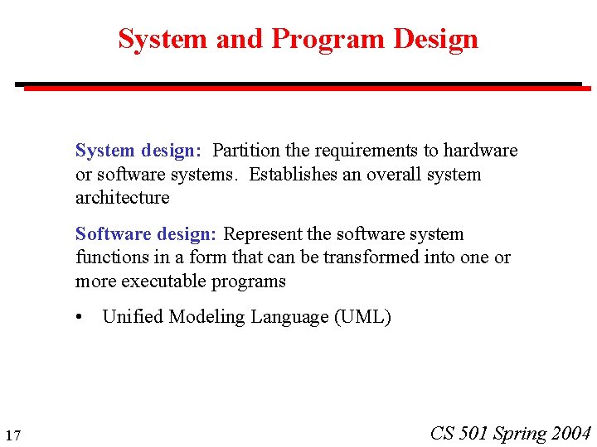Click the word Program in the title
[x=328, y=39]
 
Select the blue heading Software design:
[x=145, y=234]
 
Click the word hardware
[x=480, y=151]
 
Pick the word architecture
[x=122, y=198]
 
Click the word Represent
[x=263, y=234]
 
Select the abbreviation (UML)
[x=362, y=317]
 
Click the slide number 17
[x=12, y=436]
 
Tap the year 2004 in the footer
[x=570, y=433]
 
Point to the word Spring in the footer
[x=520, y=433]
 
